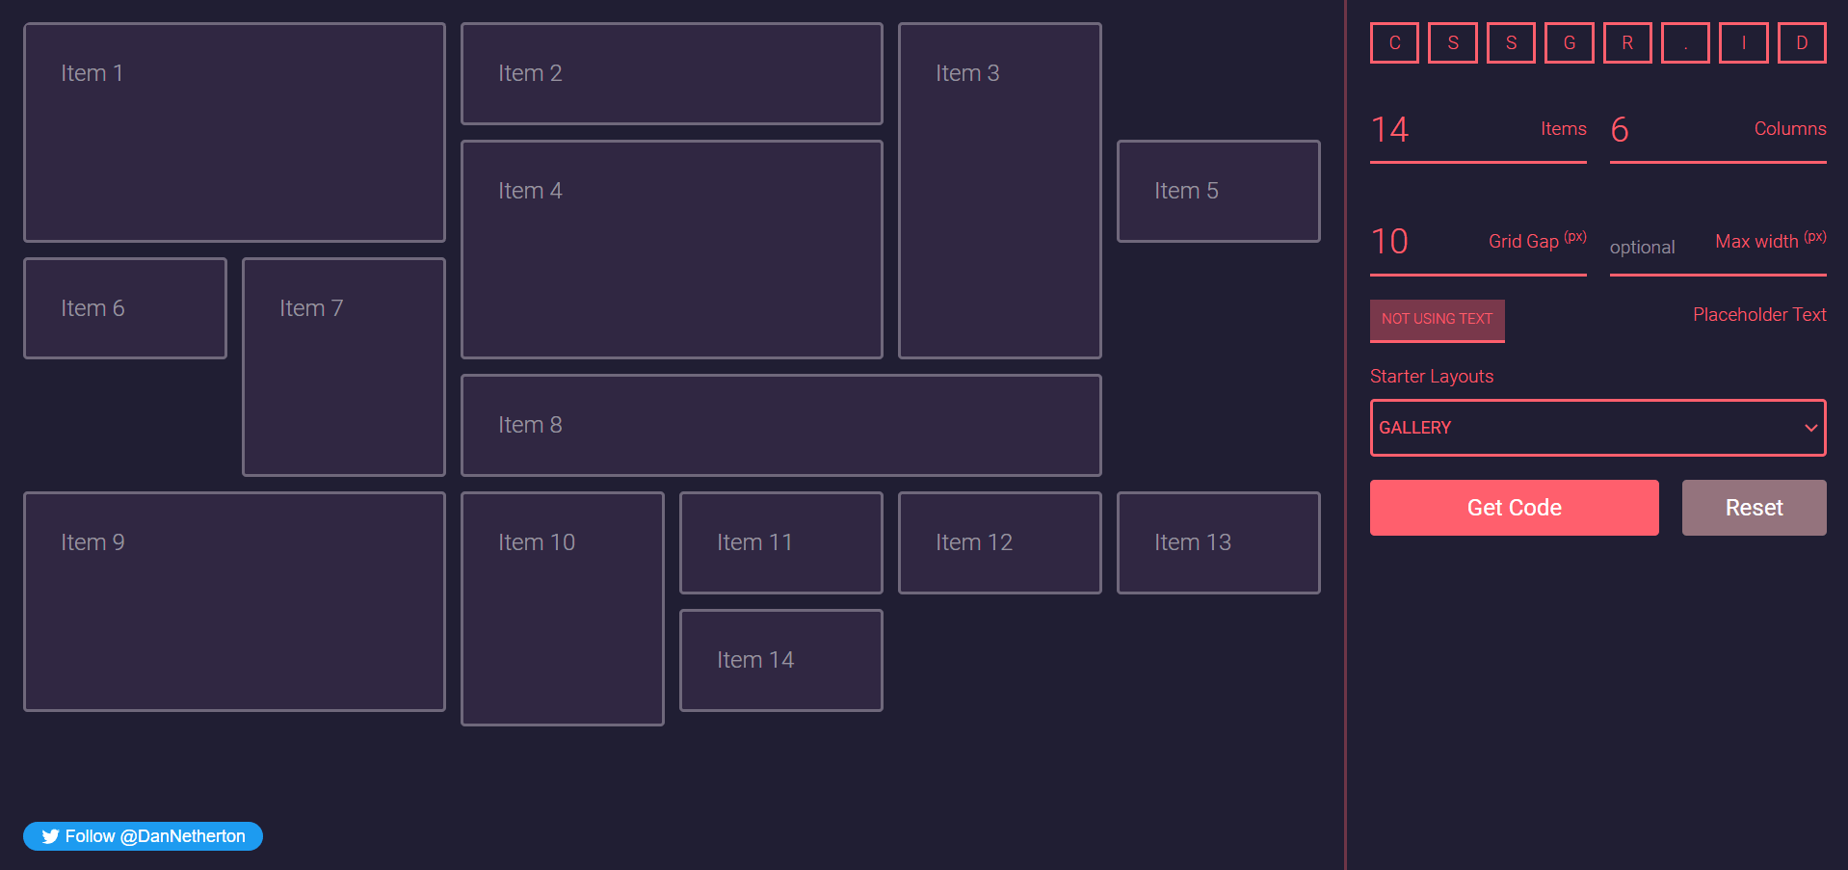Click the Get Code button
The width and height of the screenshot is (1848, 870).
coord(1514,508)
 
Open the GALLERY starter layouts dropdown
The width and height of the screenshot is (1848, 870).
coord(1597,428)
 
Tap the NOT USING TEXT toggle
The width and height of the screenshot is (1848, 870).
coord(1437,320)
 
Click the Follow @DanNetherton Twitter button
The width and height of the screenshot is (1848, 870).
coord(143,836)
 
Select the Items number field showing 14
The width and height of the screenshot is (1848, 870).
coord(1445,130)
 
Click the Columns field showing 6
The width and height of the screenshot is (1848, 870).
coord(1676,130)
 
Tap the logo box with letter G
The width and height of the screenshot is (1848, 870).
coord(1569,43)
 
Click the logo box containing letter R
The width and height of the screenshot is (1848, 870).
coord(1627,43)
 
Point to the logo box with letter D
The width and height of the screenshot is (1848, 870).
coord(1801,43)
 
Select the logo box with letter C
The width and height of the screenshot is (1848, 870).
coord(1394,43)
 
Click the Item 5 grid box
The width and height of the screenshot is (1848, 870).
coord(1218,191)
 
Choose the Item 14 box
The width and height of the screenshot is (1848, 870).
coord(780,660)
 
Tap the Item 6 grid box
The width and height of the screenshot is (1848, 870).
coord(125,308)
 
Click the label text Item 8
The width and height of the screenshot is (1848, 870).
coord(530,425)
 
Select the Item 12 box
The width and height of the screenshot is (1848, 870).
coord(999,542)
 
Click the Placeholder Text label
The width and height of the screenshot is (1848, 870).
coord(1758,315)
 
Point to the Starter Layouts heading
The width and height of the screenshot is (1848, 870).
coord(1431,377)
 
